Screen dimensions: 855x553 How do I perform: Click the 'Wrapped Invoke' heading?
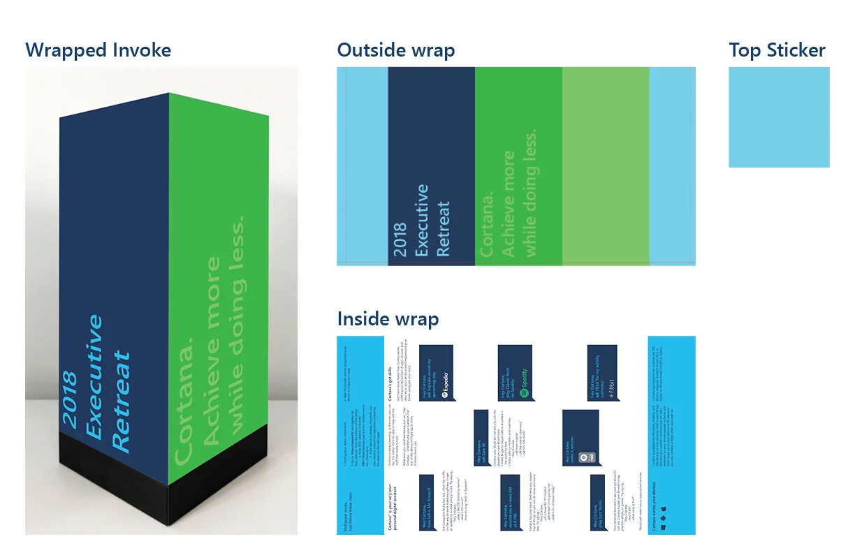point(98,50)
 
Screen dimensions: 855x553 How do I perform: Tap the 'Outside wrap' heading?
point(395,50)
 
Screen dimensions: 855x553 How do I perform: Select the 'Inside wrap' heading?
point(388,319)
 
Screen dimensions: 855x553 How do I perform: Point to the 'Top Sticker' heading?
point(777,50)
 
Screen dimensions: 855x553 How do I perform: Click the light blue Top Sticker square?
point(779,117)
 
